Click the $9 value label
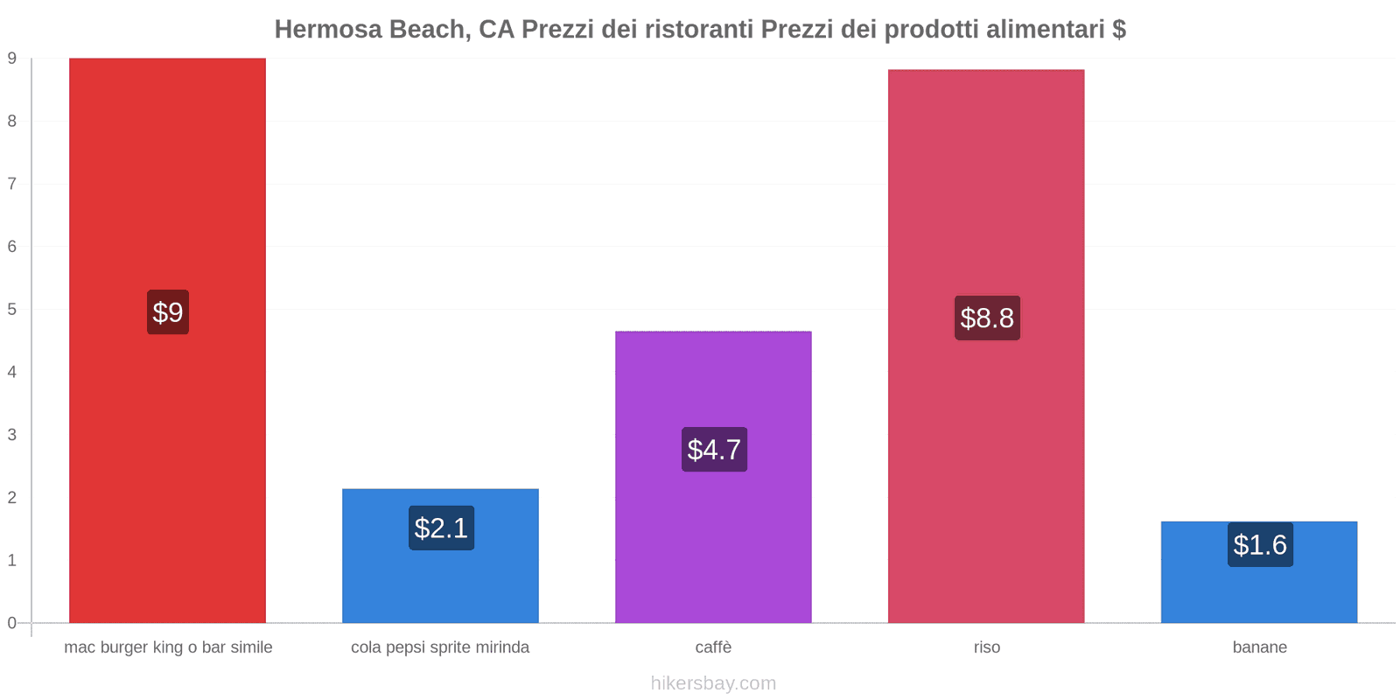(x=168, y=312)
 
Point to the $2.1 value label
(x=441, y=528)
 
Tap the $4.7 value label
(x=714, y=450)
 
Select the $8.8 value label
(x=987, y=318)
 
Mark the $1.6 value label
(x=1260, y=545)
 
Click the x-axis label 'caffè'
(x=713, y=647)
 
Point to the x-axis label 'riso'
(x=986, y=647)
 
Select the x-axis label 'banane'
(x=1259, y=647)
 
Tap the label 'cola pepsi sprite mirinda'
(x=440, y=647)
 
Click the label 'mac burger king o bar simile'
(x=168, y=647)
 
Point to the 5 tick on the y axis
(x=12, y=310)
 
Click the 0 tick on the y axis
(x=12, y=623)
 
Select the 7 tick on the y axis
(x=12, y=184)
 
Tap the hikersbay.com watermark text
(x=713, y=683)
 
